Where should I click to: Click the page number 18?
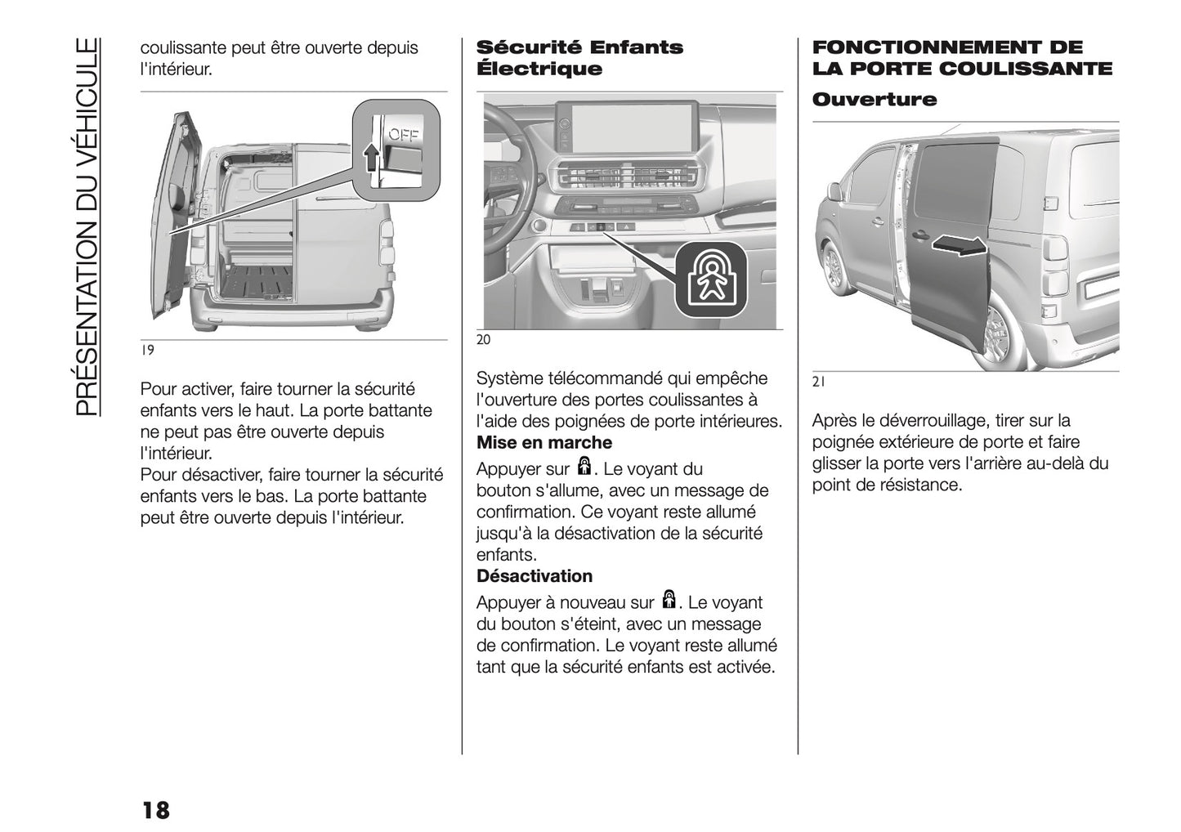(x=155, y=810)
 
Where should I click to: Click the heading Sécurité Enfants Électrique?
(x=579, y=58)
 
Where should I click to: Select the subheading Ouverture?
(x=875, y=100)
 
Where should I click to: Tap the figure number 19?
(x=147, y=350)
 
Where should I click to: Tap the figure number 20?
(x=484, y=340)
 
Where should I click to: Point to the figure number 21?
(x=819, y=381)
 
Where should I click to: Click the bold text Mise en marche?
(x=544, y=443)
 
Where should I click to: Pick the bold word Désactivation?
(x=535, y=576)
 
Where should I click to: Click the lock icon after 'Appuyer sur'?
(x=584, y=467)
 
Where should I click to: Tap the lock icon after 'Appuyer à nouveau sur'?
(x=669, y=601)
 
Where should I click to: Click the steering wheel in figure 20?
(x=507, y=163)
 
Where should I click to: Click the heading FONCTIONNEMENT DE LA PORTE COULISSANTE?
(x=962, y=58)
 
